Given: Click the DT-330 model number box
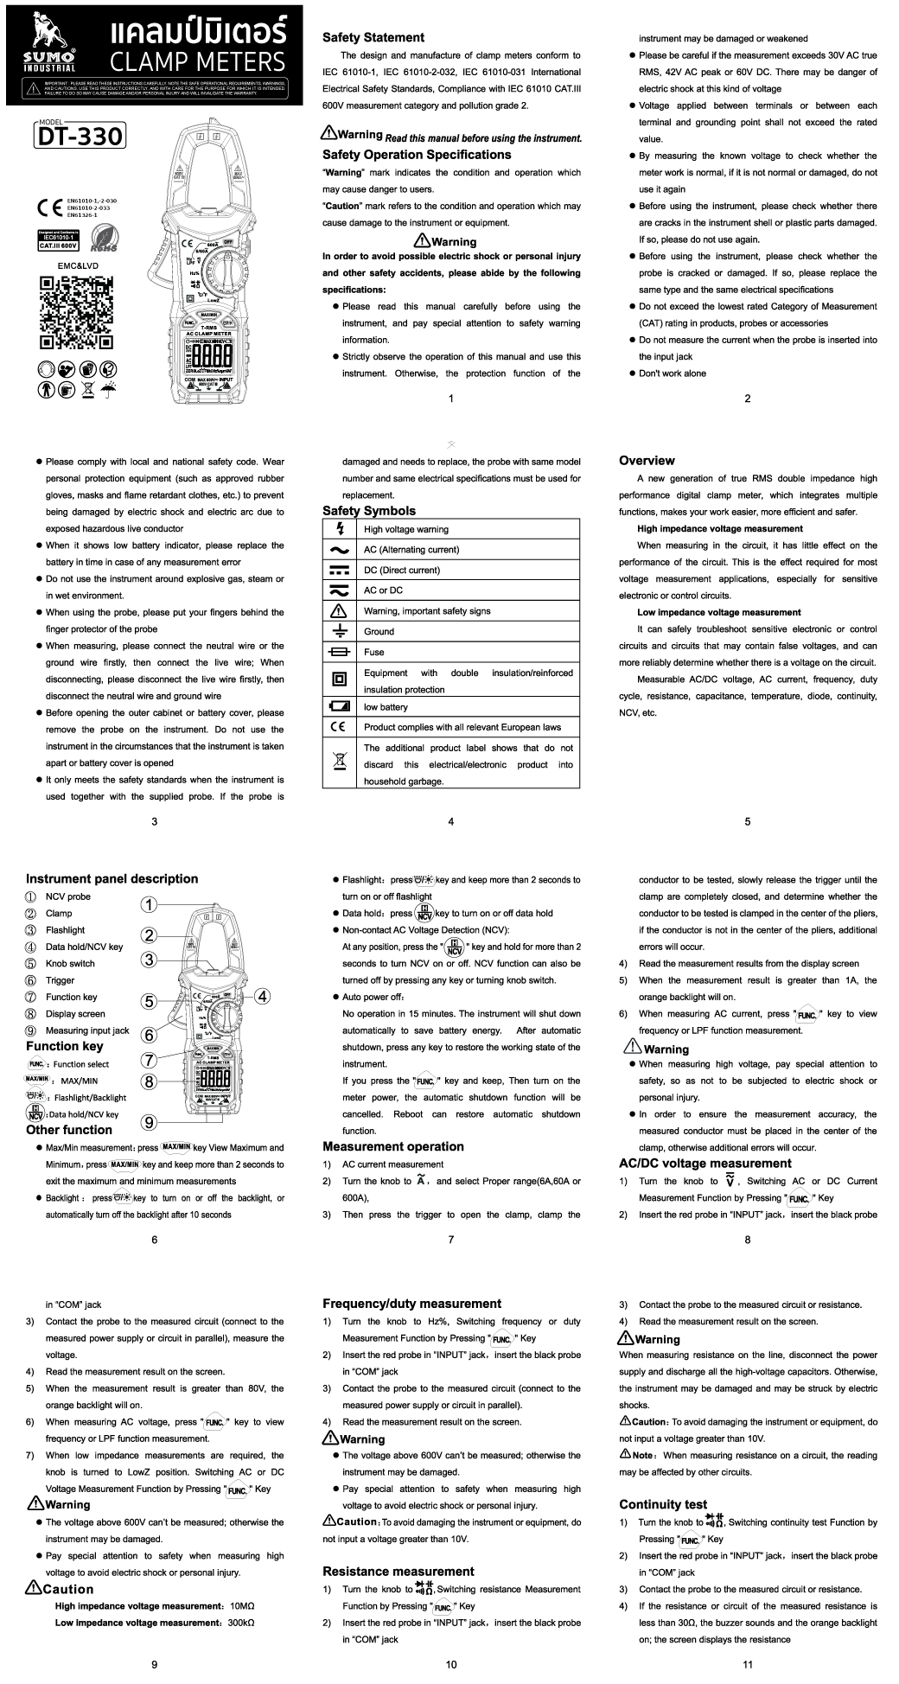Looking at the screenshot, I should pos(80,136).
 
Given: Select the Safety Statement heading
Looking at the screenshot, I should pos(373,37).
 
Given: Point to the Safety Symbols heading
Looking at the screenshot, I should pos(368,511).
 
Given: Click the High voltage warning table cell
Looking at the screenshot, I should pos(406,529).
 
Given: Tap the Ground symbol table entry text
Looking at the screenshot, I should pos(379,631).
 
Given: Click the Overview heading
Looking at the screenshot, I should pos(647,461).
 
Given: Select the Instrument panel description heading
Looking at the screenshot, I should pos(112,878).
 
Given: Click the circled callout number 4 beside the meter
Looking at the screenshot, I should pos(262,995).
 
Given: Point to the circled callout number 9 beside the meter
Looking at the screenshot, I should pos(149,1122).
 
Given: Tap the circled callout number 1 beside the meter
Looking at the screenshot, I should pos(149,904).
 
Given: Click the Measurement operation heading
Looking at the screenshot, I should pos(392,1146).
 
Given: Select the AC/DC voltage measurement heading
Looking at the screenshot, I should pos(705,1163).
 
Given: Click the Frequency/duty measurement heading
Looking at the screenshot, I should pos(411,1304).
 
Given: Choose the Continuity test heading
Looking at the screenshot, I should pos(662,1504).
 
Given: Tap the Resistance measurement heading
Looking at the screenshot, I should pos(398,1571).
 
